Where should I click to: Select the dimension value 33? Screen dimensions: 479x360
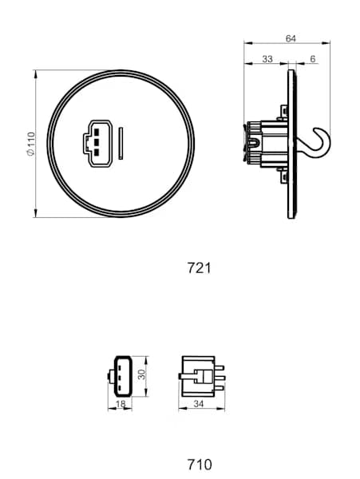pyautogui.click(x=267, y=58)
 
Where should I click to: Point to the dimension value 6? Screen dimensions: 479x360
pyautogui.click(x=312, y=58)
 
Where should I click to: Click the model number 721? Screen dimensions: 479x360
pyautogui.click(x=199, y=268)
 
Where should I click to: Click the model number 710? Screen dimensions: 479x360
pyautogui.click(x=199, y=463)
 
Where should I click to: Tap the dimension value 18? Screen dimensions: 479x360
pyautogui.click(x=121, y=405)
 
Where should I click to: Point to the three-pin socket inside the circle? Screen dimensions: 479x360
pyautogui.click(x=93, y=142)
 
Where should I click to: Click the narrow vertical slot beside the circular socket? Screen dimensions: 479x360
pyautogui.click(x=120, y=143)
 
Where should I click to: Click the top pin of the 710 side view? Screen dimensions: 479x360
pyautogui.click(x=219, y=368)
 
